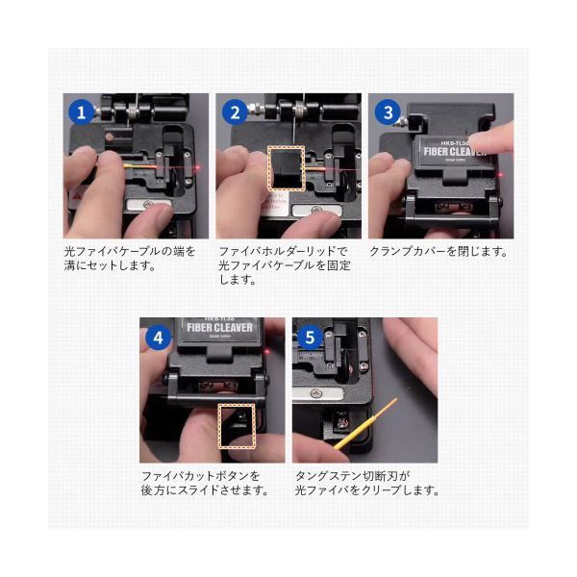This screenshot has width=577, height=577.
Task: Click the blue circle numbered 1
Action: click(82, 113)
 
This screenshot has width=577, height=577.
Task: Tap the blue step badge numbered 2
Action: click(234, 113)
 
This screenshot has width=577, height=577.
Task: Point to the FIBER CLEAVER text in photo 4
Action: click(218, 328)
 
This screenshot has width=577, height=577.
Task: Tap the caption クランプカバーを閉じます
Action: click(438, 251)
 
